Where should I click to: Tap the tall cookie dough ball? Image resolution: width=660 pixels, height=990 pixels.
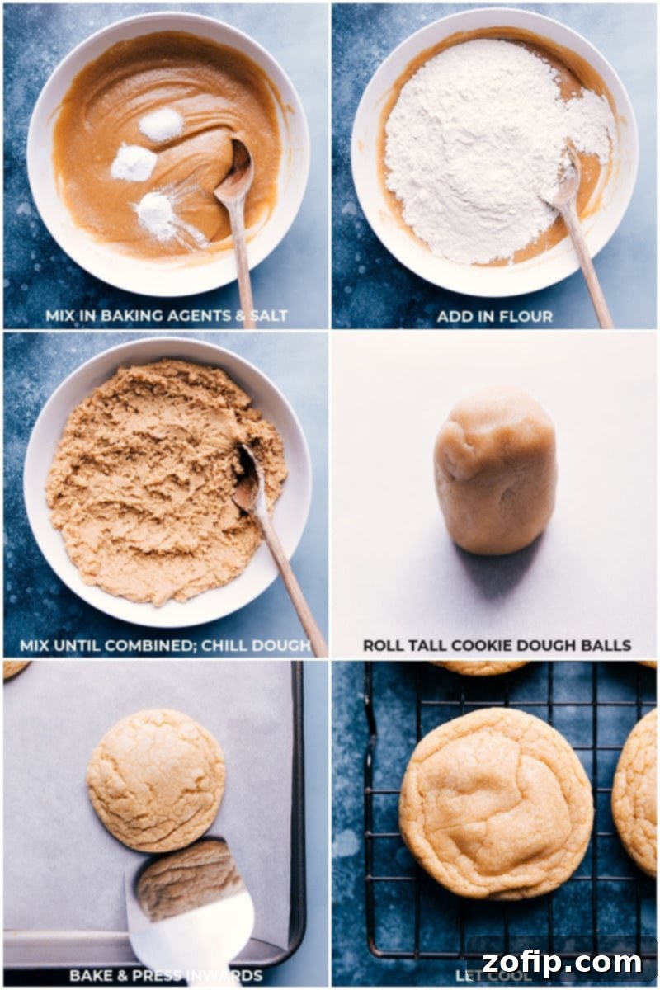495,471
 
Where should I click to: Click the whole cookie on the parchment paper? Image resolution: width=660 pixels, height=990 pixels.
156,780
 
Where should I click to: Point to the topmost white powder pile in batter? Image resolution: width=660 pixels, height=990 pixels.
161,125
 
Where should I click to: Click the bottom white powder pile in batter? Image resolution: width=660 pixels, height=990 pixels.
157,216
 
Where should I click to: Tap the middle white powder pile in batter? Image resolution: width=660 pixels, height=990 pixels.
133,163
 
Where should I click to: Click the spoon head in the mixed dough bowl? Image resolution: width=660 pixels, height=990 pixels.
247,478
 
